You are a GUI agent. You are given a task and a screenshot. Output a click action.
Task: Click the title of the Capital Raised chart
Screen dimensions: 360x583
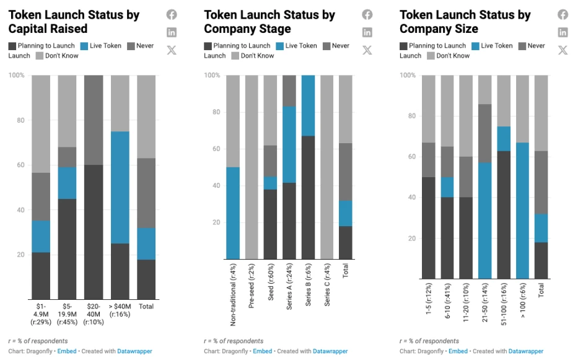(x=74, y=22)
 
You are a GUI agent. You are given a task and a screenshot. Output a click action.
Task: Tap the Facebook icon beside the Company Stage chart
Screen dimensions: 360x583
(x=367, y=15)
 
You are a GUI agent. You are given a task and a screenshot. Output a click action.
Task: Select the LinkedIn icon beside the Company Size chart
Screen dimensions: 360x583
(x=563, y=32)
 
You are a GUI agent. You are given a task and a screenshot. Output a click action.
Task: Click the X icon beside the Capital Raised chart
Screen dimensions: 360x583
(x=172, y=50)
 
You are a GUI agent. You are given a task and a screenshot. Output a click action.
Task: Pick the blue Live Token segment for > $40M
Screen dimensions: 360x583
(x=120, y=187)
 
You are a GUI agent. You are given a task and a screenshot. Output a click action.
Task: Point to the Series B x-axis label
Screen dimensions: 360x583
(x=308, y=294)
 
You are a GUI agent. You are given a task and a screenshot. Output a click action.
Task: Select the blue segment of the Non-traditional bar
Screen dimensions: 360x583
(x=232, y=213)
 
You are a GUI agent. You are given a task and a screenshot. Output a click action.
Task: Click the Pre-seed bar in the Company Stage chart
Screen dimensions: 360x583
(x=252, y=167)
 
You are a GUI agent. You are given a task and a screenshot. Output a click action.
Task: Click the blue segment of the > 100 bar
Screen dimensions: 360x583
(x=522, y=211)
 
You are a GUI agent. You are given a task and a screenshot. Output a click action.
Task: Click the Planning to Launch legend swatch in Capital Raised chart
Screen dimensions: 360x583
(x=12, y=46)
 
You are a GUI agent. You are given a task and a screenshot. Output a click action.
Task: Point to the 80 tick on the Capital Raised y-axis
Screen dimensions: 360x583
(x=20, y=120)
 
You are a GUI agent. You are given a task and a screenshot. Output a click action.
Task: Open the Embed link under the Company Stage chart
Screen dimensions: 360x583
(x=262, y=351)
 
